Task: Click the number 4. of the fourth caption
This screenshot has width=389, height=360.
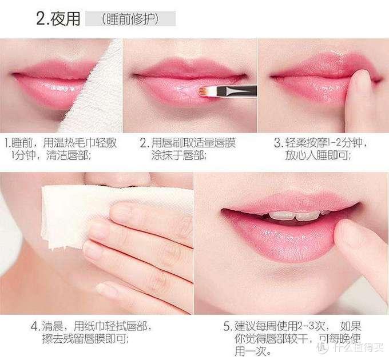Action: pos(37,327)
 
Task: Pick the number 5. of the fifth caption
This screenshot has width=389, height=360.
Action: pos(227,327)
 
